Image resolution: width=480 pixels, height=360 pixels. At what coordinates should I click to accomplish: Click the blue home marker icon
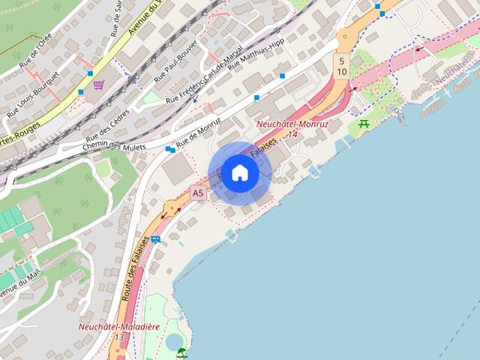tap(239, 172)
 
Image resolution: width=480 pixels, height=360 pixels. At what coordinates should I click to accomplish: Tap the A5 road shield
tap(198, 193)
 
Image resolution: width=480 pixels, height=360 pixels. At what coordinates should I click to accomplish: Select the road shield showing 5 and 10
tap(341, 66)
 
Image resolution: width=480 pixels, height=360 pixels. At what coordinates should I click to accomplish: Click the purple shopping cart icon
tap(99, 85)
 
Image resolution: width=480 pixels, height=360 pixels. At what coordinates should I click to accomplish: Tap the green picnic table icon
tap(364, 124)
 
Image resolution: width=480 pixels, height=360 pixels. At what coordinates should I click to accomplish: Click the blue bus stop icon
tap(155, 239)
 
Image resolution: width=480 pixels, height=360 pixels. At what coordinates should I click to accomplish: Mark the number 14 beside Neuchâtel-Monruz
tap(292, 134)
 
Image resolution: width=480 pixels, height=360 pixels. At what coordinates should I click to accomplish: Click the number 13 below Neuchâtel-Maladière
tap(117, 337)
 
